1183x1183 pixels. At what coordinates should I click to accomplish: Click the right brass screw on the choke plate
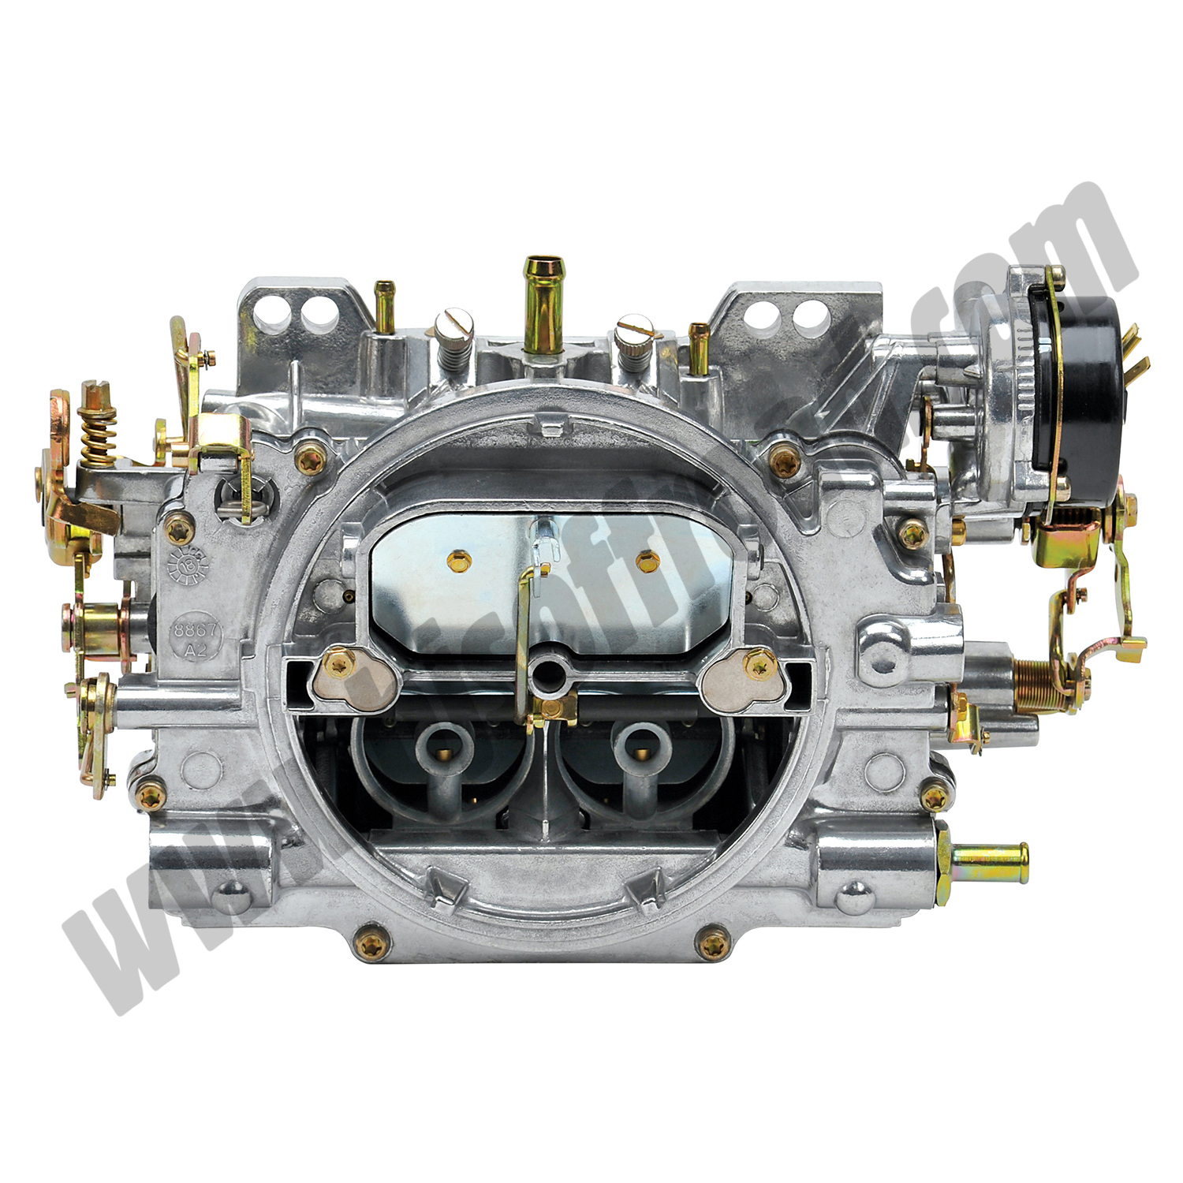point(645,561)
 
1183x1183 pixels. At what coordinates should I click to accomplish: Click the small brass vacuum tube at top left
point(384,304)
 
